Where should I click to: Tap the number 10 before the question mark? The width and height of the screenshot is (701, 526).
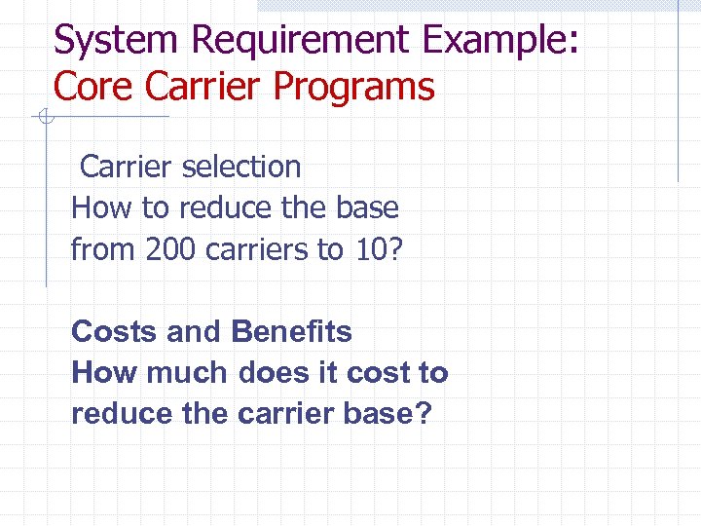point(367,250)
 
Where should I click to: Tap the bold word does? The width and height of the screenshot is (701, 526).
point(272,373)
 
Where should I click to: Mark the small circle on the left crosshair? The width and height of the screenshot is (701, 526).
point(44,118)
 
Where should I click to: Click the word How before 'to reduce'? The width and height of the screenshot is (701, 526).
point(98,208)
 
